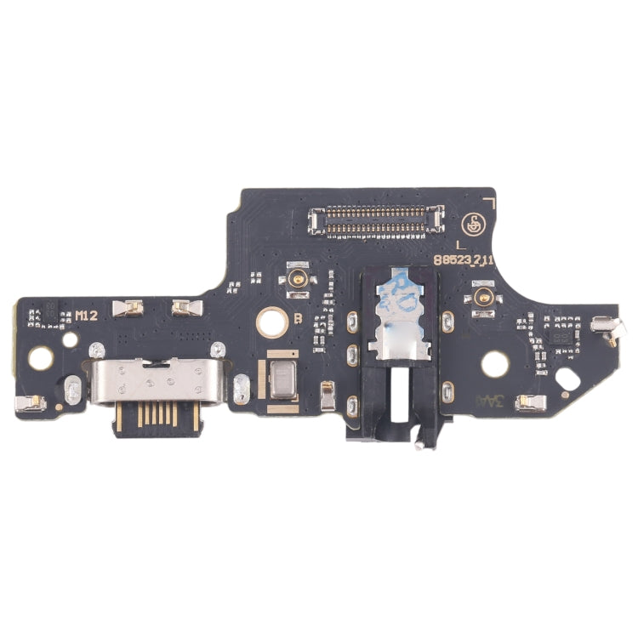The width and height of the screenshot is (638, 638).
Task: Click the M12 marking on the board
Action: pos(86,316)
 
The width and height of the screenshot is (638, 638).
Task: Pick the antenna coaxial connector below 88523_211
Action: pos(486,297)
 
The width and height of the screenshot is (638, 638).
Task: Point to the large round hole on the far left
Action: pos(39,358)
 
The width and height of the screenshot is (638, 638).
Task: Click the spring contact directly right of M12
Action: pos(127,307)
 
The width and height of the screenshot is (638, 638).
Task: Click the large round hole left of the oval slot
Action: pos(494,364)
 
